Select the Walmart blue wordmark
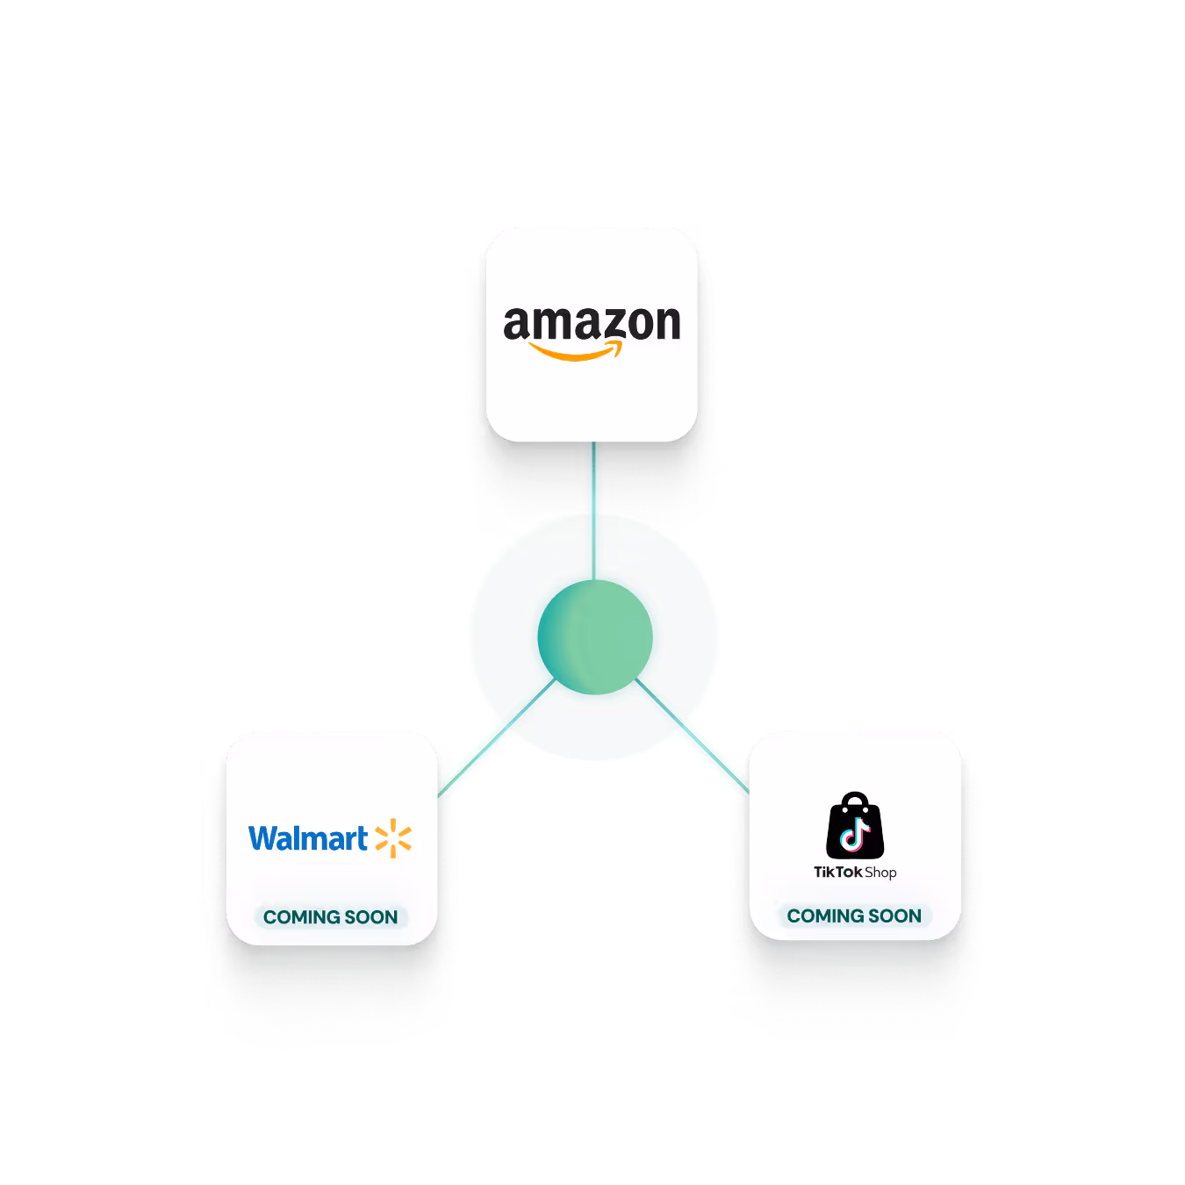[x=308, y=838]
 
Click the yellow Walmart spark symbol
[x=393, y=838]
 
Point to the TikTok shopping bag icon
[x=855, y=827]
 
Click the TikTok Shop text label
[x=855, y=872]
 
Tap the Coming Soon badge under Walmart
[x=330, y=917]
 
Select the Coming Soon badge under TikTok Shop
[x=854, y=916]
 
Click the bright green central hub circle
[x=595, y=636]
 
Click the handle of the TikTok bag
[x=855, y=801]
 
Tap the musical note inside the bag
[x=855, y=834]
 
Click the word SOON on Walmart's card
[x=371, y=917]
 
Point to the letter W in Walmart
[x=264, y=838]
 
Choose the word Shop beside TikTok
[x=880, y=872]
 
